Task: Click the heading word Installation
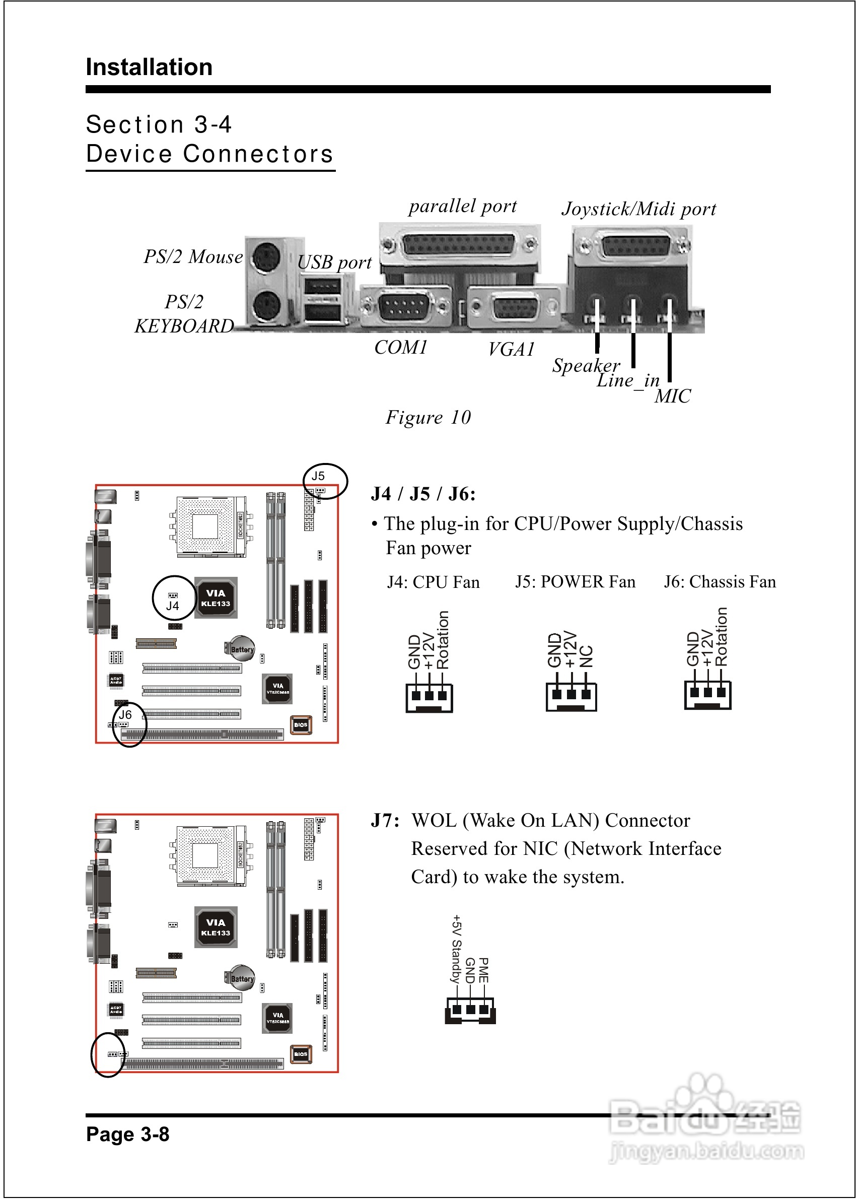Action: point(149,68)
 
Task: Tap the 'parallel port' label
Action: point(462,206)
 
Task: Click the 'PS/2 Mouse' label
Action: point(193,257)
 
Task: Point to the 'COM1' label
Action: point(401,348)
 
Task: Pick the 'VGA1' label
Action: point(511,349)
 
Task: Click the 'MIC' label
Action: point(672,396)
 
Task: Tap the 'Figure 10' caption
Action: point(428,418)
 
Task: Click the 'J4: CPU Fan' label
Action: point(433,582)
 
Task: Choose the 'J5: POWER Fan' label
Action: point(575,581)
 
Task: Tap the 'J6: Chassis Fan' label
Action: point(720,581)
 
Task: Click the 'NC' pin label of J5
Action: point(586,656)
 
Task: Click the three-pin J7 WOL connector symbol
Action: point(470,1010)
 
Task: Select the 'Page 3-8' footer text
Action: point(127,1134)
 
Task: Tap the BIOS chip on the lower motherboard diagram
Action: point(301,1054)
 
